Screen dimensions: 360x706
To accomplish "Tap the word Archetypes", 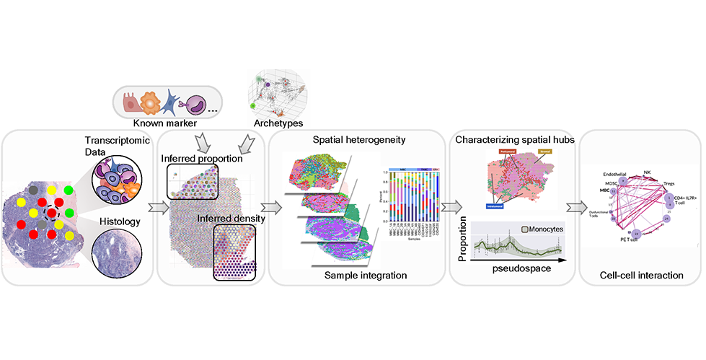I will pos(278,123).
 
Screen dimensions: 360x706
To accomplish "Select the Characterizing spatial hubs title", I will pos(514,138).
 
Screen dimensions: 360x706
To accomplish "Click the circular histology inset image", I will pos(116,245).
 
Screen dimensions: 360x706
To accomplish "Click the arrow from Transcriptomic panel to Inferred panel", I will pos(154,208).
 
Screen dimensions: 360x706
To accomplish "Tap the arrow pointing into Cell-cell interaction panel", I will pos(574,208).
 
